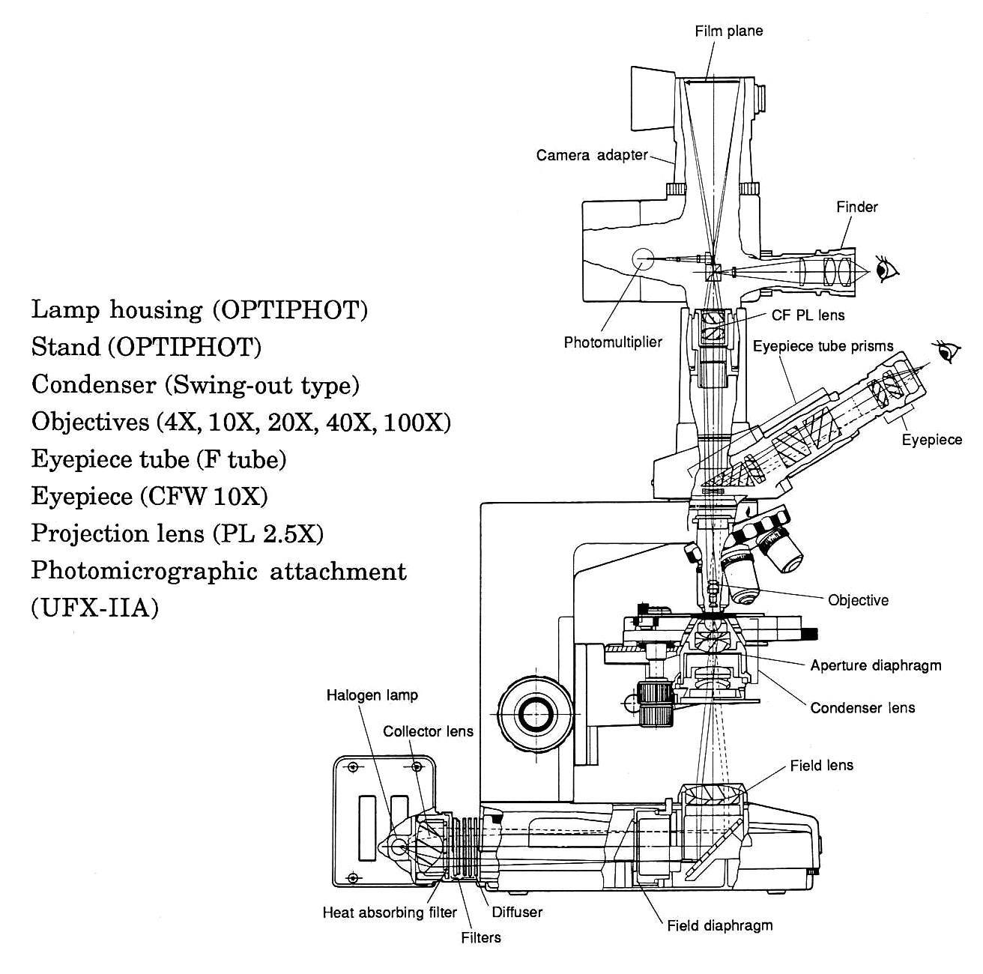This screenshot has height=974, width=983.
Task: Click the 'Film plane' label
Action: tap(728, 31)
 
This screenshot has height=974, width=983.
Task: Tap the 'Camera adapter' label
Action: tap(591, 155)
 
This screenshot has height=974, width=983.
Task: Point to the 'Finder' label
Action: tap(856, 207)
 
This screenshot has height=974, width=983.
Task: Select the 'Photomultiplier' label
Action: tap(613, 342)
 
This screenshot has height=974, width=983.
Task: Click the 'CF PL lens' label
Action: tap(808, 315)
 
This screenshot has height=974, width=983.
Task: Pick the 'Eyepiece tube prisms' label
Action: tap(823, 346)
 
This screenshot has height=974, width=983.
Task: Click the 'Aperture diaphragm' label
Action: tap(875, 665)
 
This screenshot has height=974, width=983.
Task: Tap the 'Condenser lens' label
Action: tap(862, 708)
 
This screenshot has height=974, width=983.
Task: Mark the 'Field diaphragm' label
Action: tap(719, 925)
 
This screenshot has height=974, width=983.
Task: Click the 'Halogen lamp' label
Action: tap(372, 695)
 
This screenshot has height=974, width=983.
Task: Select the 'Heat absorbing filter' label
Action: tap(389, 913)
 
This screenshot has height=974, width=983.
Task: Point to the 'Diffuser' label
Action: tap(516, 913)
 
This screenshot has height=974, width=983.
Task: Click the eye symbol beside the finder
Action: tap(886, 267)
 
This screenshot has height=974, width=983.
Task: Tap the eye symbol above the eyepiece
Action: tap(947, 351)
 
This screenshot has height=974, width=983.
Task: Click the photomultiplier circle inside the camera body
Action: tap(643, 259)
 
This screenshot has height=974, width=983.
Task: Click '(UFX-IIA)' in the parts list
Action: tap(94, 607)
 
